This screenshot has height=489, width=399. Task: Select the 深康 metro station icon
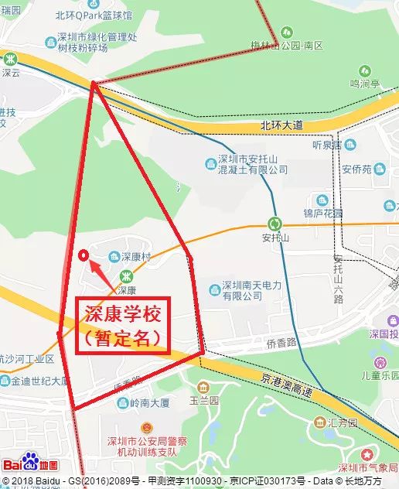(126, 276)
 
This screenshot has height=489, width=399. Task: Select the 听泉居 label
(326, 145)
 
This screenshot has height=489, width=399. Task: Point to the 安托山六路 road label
(338, 279)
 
